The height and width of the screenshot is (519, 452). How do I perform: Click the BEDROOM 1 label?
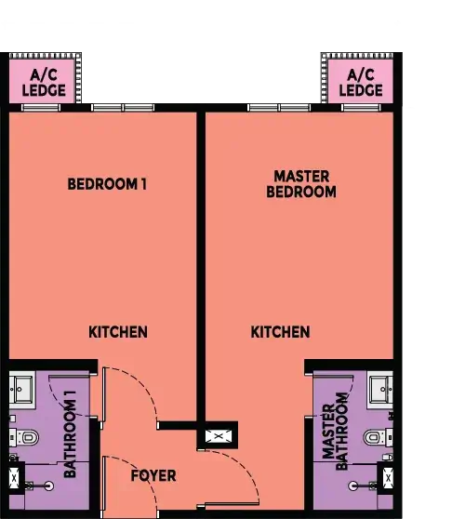(x=107, y=184)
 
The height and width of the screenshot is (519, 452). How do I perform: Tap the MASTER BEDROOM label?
(x=300, y=184)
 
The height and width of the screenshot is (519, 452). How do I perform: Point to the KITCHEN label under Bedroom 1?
(x=117, y=332)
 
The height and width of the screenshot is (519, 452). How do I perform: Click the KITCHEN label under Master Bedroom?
(x=280, y=332)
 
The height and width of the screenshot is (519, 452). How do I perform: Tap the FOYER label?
(x=153, y=475)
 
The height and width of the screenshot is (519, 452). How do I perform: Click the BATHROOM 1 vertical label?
(x=70, y=433)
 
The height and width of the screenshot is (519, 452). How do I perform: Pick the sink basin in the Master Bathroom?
(x=380, y=389)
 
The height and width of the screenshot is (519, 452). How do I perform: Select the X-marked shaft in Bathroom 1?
(x=14, y=479)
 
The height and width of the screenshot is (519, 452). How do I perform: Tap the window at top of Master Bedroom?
(x=279, y=108)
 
